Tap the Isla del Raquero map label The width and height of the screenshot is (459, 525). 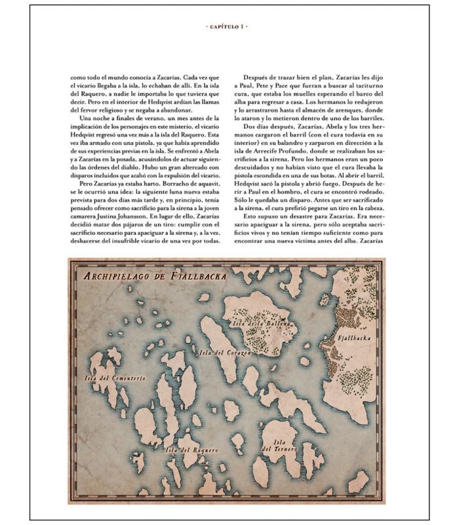[x=191, y=450]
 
